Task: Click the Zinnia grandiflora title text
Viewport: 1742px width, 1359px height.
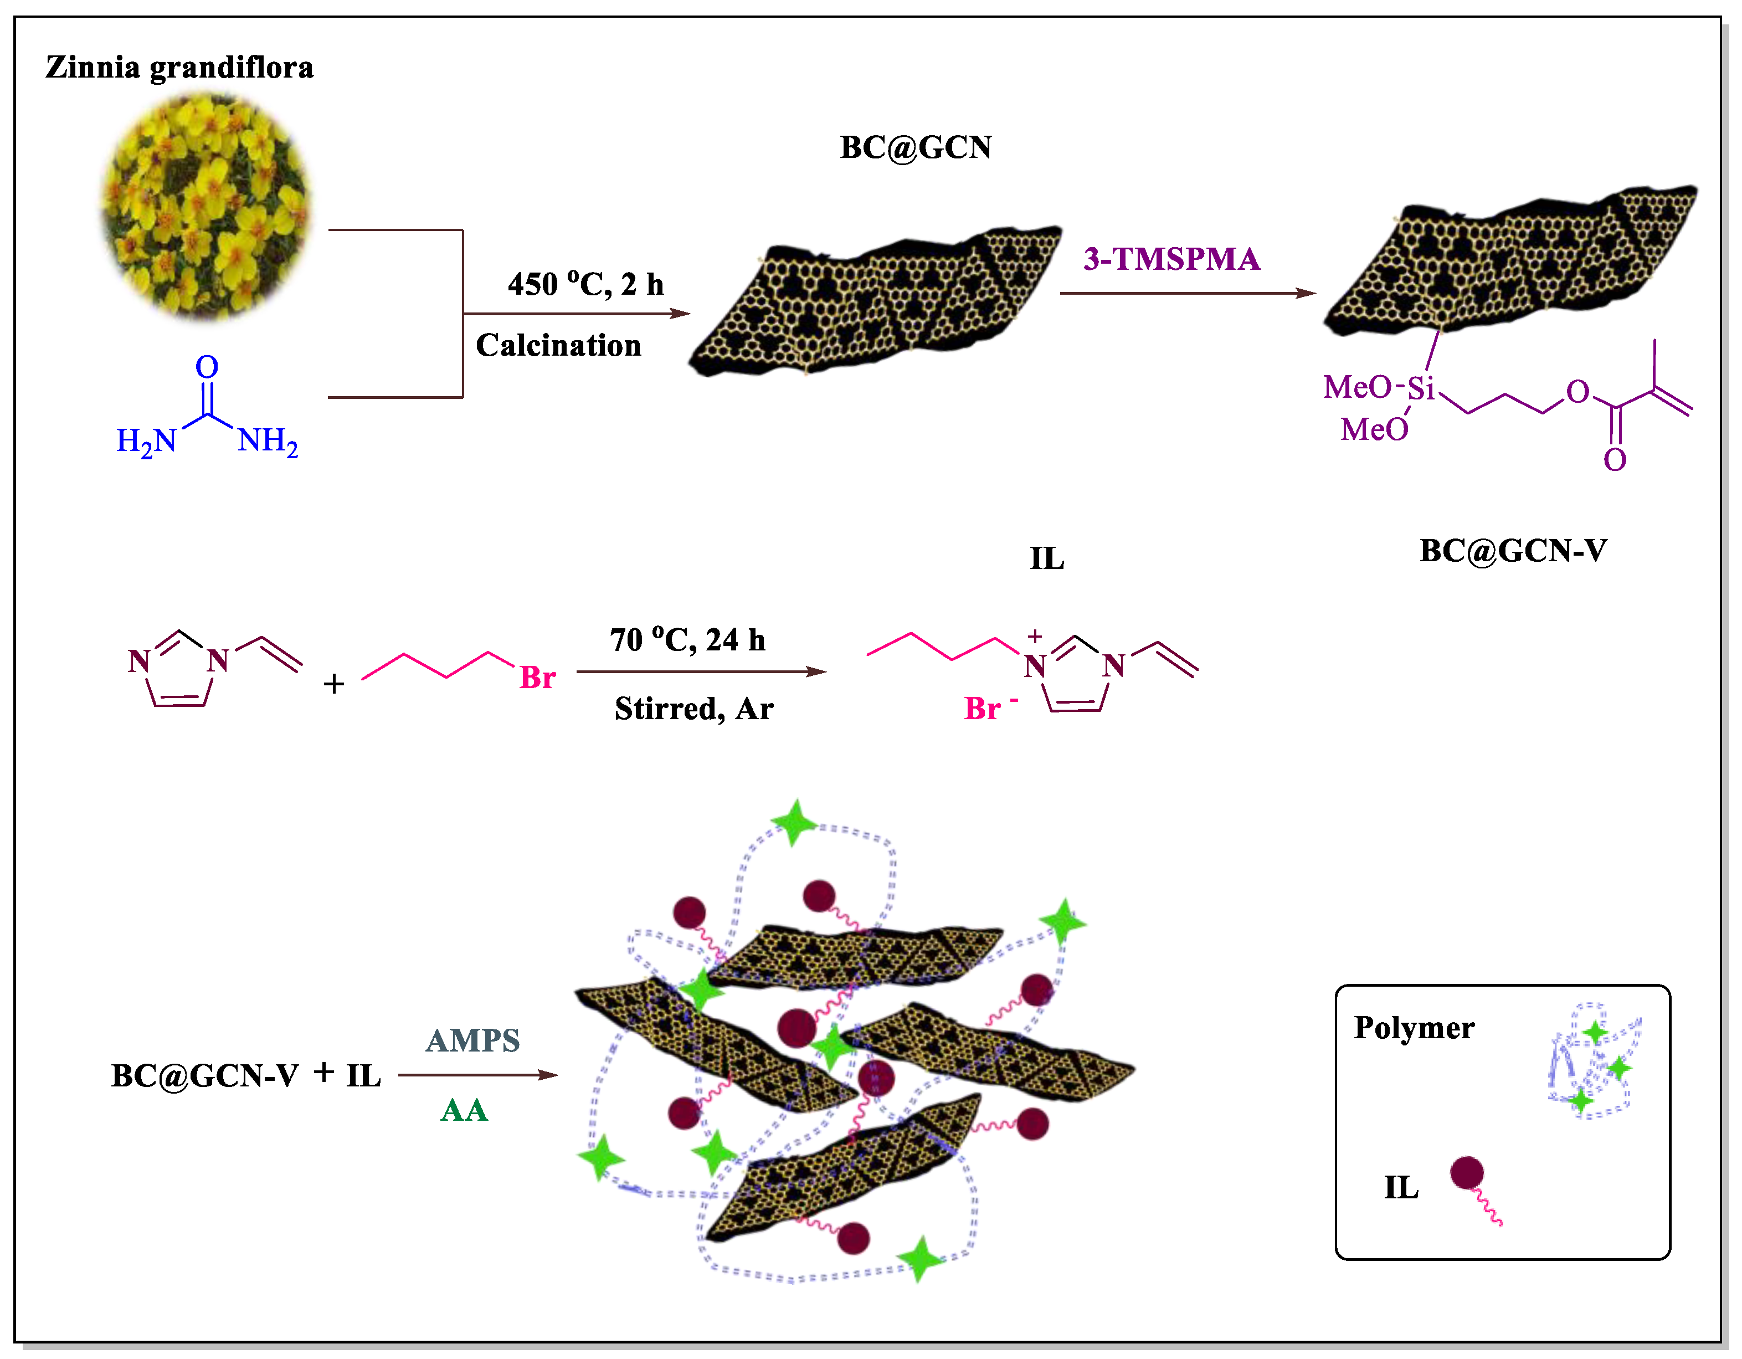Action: coord(179,67)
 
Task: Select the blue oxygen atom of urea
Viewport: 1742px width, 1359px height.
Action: coord(207,367)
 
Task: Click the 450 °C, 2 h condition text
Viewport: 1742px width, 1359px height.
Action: coord(585,284)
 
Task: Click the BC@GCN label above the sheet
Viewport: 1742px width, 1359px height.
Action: coord(915,147)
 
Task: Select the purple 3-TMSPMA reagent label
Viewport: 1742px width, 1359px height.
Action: coord(1171,259)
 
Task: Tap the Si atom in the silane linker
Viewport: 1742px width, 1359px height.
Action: coord(1421,388)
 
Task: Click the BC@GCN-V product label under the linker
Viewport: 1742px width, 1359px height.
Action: coord(1512,551)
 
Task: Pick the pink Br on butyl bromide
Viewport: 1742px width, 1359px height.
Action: coord(538,678)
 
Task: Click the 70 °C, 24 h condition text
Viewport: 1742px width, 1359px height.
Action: coord(687,640)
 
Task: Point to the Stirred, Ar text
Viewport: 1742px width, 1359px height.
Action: coord(694,709)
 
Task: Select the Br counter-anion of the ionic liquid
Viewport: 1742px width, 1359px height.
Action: coord(983,709)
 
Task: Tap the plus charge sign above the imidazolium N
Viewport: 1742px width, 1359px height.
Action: coord(1035,636)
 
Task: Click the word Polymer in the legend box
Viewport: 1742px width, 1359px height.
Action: coord(1414,1028)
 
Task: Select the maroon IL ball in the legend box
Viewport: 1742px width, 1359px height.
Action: coord(1466,1172)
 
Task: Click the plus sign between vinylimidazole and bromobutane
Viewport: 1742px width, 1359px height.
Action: coord(333,684)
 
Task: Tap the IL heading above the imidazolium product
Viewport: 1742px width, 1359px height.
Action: coord(1046,558)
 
